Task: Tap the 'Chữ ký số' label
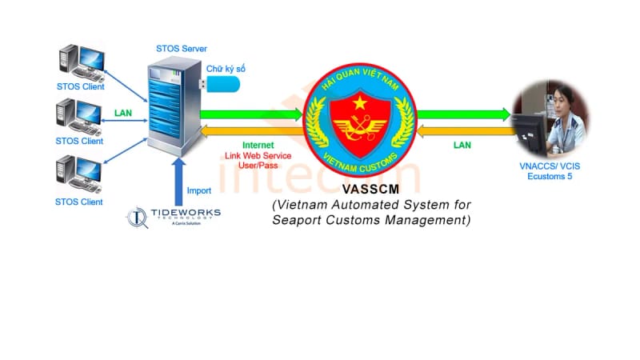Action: [226, 70]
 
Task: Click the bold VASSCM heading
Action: [370, 190]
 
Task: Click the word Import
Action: [198, 191]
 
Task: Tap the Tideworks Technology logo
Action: [174, 217]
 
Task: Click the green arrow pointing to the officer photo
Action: [463, 114]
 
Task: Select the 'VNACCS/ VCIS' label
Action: [550, 169]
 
